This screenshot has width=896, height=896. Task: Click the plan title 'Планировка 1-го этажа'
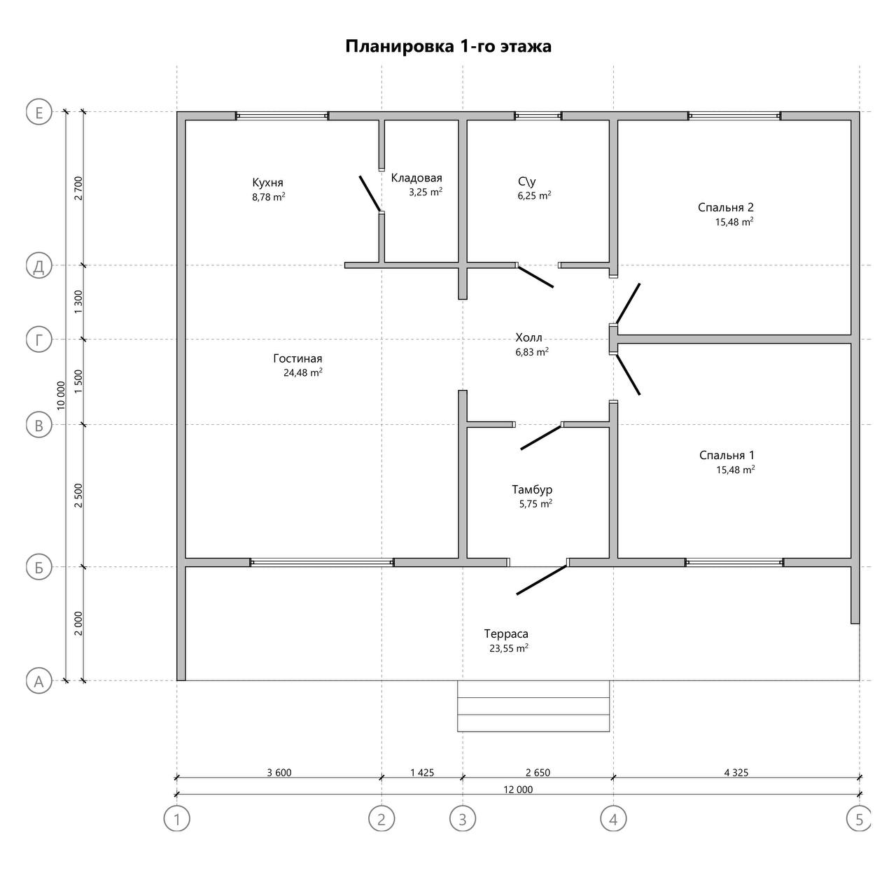coord(448,46)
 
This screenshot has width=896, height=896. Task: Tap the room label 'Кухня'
coord(268,182)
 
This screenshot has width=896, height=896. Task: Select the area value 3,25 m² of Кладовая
coord(426,192)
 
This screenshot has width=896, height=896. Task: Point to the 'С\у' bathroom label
coord(527,181)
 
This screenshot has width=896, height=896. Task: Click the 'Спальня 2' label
coord(725,207)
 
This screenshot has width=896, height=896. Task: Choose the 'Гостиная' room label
coord(297,358)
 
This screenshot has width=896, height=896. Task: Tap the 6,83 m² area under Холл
coord(532,352)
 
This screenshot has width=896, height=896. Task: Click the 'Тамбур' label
coord(532,489)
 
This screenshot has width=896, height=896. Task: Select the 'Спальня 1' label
coord(727,455)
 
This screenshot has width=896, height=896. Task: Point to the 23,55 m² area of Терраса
coord(509,648)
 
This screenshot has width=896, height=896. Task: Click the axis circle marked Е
coord(38,113)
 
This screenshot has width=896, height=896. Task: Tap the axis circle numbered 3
coord(463,819)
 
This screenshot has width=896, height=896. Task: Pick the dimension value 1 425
coord(422,772)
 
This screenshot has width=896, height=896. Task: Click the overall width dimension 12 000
coord(518,789)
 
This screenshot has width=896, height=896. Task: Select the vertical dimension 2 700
coord(78,188)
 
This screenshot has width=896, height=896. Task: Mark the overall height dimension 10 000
coord(61,395)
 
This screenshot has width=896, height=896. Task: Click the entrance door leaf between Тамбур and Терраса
coord(542,580)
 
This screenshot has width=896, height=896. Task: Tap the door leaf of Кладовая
coord(370,194)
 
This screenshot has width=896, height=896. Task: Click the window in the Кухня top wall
coord(282,115)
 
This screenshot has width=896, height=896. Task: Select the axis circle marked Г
coord(38,339)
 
